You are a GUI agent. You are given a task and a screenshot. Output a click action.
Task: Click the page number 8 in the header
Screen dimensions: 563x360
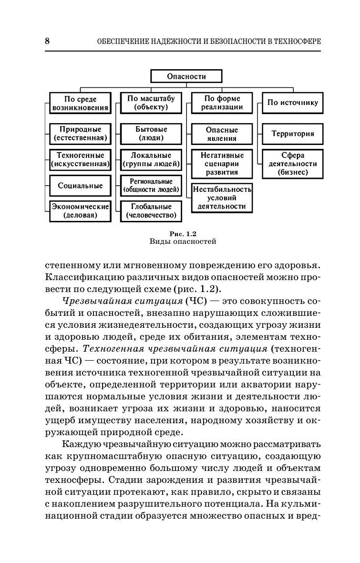(47, 42)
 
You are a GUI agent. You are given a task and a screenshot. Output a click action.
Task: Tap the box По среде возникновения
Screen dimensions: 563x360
(80, 103)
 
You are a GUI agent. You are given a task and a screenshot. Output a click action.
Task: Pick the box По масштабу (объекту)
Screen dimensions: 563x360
(151, 103)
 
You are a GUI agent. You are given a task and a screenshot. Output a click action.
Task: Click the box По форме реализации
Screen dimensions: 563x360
(222, 103)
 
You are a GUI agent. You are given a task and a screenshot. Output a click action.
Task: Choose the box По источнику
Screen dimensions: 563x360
(292, 103)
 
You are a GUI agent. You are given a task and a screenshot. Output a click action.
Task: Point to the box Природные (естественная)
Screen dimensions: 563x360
(80, 134)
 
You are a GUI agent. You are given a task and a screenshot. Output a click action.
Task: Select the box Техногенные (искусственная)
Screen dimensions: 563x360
(80, 160)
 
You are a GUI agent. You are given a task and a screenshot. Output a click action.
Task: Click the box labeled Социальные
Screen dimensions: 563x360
(80, 186)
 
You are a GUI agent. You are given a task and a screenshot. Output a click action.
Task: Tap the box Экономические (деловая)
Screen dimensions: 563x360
(80, 211)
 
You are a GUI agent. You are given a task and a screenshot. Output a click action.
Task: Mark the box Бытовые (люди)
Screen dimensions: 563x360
(151, 134)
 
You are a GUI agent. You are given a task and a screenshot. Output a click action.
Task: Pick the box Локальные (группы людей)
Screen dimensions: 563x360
(151, 160)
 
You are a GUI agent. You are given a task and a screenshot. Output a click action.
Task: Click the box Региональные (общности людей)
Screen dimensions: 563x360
(151, 186)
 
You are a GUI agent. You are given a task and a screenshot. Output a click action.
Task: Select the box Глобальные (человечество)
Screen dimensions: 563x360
(151, 211)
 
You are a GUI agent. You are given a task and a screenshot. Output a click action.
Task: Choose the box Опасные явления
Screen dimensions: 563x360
(222, 134)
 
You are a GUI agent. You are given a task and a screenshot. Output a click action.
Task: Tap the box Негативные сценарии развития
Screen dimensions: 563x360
(222, 164)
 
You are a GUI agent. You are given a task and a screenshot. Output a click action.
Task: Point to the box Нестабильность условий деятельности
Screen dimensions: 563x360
(222, 198)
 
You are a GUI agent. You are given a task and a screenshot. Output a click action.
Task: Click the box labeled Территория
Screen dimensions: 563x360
(292, 134)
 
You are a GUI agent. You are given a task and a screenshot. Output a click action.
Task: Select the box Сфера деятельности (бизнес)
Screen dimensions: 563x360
(292, 164)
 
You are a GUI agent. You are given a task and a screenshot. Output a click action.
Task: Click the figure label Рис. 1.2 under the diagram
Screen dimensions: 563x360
(183, 233)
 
